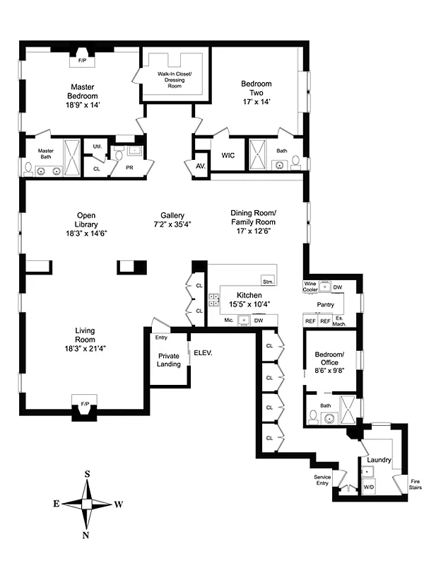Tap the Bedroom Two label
pos(255,93)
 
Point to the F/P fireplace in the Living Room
pos(84,404)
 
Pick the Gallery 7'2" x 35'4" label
pos(172,220)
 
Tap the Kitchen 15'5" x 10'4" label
pos(249,299)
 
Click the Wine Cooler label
pos(310,286)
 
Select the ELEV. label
pos(203,352)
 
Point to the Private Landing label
pos(169,360)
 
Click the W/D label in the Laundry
pos(369,487)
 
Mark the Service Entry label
pos(322,480)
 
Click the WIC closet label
pos(228,155)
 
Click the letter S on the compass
pos(87,473)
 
